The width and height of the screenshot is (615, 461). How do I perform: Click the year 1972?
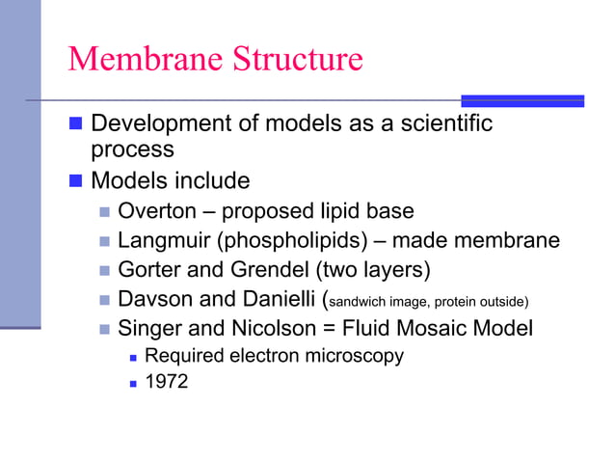166,382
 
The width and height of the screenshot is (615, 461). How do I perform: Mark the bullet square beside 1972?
131,383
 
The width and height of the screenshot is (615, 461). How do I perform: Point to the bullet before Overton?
104,212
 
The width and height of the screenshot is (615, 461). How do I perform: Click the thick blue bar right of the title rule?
521,100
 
